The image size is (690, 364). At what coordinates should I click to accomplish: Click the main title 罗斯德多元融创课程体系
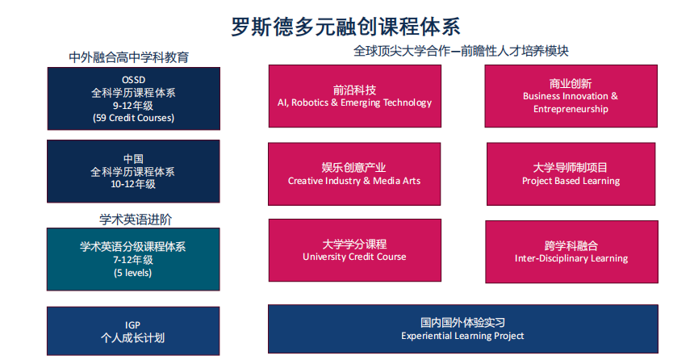345,27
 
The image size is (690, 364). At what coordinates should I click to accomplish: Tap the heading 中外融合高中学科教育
129,57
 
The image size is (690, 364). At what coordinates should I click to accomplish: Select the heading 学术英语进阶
136,220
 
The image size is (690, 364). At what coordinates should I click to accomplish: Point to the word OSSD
133,80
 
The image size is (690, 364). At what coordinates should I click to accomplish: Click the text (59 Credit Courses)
133,118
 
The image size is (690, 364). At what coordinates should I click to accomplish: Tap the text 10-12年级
133,184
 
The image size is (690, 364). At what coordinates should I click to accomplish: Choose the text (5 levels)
132,273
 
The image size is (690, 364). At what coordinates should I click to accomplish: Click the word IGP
132,324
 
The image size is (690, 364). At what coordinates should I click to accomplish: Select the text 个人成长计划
132,337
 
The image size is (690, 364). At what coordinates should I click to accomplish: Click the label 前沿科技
354,90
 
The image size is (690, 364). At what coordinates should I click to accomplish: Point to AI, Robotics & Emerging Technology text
354,103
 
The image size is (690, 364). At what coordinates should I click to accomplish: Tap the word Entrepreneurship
571,109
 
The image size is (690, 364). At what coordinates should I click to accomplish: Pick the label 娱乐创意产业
353,167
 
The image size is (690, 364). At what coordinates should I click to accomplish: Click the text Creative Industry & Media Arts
354,181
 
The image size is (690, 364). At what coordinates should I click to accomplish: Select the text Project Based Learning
571,181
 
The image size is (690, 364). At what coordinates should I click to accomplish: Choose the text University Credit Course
354,257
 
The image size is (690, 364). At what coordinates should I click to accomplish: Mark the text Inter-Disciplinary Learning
571,258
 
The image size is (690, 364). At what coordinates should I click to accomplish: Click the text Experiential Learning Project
462,336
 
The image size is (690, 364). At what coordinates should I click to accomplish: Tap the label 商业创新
571,83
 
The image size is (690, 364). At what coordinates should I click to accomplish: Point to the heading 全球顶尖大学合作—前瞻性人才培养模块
461,51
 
